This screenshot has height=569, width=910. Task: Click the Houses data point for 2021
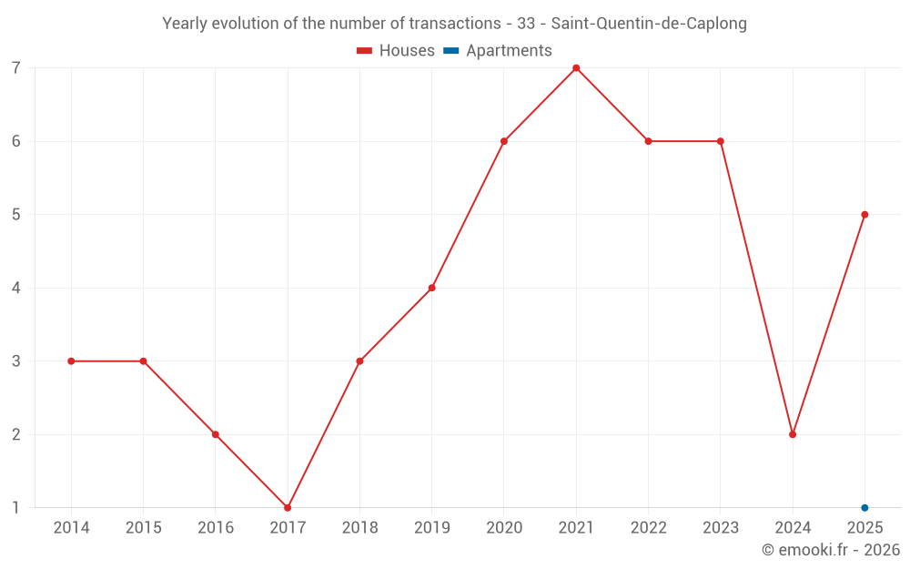(x=576, y=68)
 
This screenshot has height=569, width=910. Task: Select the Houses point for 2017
(x=288, y=507)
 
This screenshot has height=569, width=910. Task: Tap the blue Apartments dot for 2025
(x=864, y=507)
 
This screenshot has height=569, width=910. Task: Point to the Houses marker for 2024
(x=793, y=434)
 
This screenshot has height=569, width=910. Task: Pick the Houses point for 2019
(x=431, y=288)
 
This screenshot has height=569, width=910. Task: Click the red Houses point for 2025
(x=864, y=215)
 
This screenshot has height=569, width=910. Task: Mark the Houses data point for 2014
(x=71, y=361)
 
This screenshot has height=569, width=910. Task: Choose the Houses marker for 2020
(x=504, y=141)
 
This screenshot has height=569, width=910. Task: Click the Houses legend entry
(x=395, y=50)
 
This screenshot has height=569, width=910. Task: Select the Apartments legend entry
(x=498, y=50)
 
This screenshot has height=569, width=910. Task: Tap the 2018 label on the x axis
(x=359, y=527)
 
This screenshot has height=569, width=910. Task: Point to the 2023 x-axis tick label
(x=721, y=527)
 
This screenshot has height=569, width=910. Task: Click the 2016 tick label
(x=216, y=527)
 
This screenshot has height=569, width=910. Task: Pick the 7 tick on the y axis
(x=15, y=68)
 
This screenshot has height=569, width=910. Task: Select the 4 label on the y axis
(x=15, y=288)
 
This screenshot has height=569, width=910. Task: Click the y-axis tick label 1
(x=15, y=507)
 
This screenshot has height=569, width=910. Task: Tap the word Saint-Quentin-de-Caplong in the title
(x=649, y=24)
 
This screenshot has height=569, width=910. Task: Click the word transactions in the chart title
(x=454, y=24)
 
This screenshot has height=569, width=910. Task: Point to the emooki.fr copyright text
(x=831, y=549)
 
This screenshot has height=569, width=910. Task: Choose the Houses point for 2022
(x=648, y=141)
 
